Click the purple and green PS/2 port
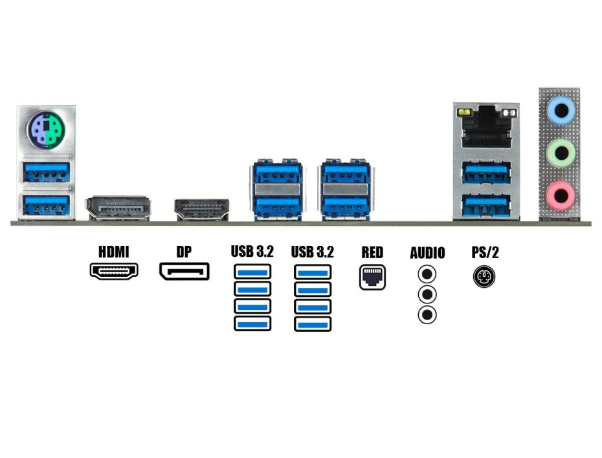tap(46, 130)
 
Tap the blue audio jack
tap(561, 111)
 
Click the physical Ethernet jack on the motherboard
tap(487, 129)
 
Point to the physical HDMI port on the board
tap(202, 210)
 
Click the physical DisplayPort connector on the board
tap(118, 208)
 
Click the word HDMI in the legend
tap(114, 252)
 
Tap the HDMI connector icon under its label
tap(114, 271)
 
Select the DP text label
tap(184, 252)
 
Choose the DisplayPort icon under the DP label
tap(184, 271)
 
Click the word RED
tap(372, 252)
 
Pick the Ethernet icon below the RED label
tap(372, 277)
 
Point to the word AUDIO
tap(427, 252)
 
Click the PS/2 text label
tap(485, 252)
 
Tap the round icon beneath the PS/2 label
tap(484, 277)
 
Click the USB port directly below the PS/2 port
tap(46, 172)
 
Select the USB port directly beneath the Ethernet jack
tap(486, 172)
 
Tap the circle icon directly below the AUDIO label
tap(427, 274)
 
